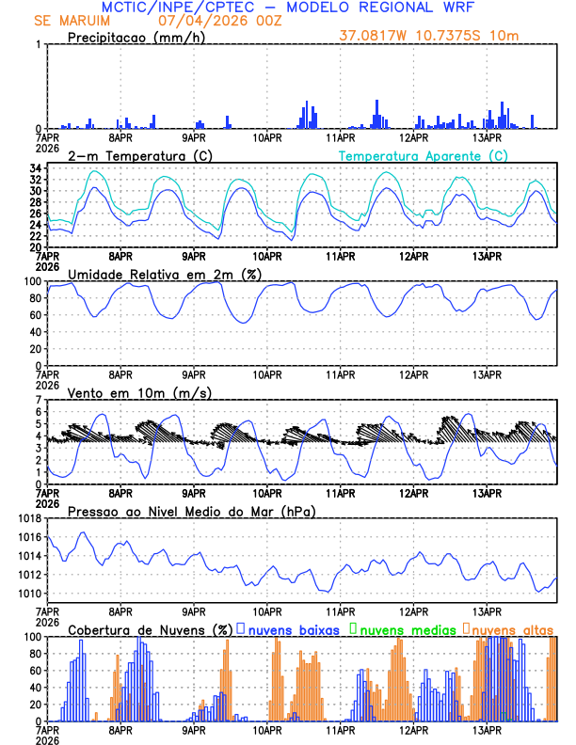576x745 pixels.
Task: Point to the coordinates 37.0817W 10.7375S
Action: tap(418, 36)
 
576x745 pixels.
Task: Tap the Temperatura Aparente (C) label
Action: tap(423, 155)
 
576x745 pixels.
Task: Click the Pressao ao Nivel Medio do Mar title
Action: tap(192, 511)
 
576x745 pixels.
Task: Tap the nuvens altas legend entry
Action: tap(509, 629)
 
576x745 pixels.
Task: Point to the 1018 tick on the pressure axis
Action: tap(28, 518)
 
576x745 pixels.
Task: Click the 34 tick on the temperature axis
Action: tap(34, 168)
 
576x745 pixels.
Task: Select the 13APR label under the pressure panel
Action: tap(486, 610)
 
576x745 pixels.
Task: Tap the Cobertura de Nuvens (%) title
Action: tap(151, 629)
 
